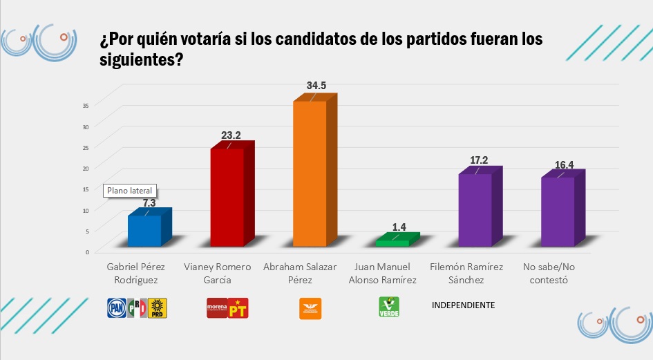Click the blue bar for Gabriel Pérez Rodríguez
point(144,231)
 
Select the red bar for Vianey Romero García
point(227,197)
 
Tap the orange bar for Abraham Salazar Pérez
point(310,173)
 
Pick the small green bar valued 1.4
point(392,243)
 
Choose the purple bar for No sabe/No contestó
point(557,211)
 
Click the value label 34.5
point(316,86)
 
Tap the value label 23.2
point(231,136)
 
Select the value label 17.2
point(479,160)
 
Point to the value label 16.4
point(564,164)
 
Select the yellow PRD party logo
point(158,308)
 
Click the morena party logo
point(217,308)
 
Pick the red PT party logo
point(238,308)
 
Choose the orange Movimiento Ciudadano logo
point(310,308)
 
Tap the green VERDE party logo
point(389,307)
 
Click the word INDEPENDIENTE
point(463,305)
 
